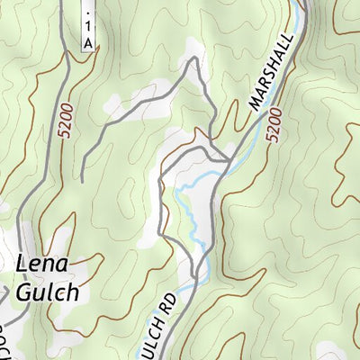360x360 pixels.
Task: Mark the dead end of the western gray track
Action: (81, 181)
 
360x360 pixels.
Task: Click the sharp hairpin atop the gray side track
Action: (191, 62)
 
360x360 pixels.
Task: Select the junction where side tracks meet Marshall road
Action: (229, 160)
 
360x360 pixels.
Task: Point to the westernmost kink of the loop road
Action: (159, 233)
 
